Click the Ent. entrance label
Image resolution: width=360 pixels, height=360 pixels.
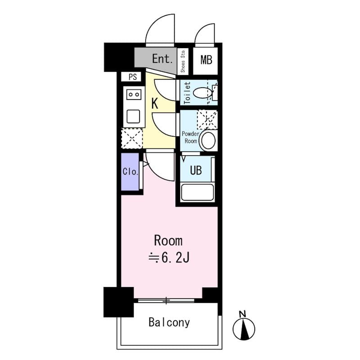[162, 59]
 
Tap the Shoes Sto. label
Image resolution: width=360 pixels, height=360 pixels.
[183, 61]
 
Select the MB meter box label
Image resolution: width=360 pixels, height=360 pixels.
[206, 60]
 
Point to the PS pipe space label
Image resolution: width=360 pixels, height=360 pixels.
[133, 77]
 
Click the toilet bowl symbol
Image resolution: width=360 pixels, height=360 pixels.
[202, 93]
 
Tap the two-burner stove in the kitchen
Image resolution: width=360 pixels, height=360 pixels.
[134, 94]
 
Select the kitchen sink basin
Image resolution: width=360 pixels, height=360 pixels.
[133, 117]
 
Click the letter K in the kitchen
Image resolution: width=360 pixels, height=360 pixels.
[155, 103]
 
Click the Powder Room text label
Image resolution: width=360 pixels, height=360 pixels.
[190, 137]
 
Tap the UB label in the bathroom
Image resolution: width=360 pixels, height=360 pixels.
[196, 171]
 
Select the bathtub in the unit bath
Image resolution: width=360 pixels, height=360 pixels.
[198, 192]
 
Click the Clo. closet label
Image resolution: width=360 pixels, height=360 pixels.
[130, 171]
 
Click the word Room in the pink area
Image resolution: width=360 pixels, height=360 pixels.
[168, 241]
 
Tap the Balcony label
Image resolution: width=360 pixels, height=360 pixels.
[169, 322]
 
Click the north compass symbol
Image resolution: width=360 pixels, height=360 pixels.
[244, 329]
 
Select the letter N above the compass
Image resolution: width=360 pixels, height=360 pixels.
[242, 314]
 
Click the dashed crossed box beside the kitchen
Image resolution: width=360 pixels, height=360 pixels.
[132, 139]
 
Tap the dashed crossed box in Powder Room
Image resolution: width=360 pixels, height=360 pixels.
[207, 120]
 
